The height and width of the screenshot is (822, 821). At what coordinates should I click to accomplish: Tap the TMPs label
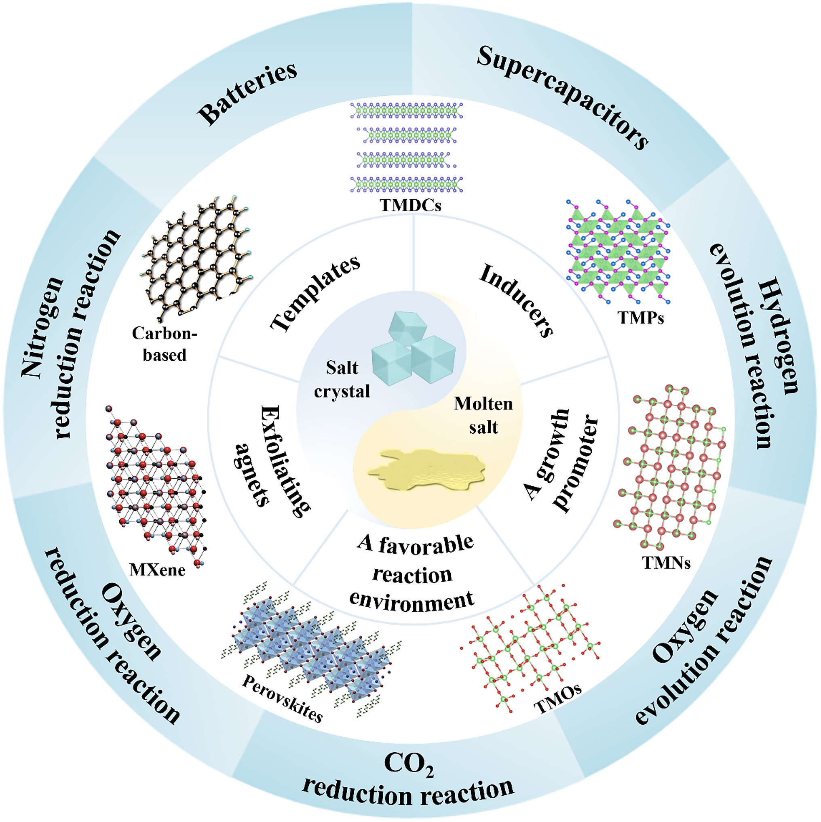[640, 317]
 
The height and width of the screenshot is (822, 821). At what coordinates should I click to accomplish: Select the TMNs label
[666, 563]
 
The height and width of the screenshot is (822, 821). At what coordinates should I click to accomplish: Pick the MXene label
[158, 570]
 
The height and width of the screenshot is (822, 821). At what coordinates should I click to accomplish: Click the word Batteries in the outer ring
[247, 94]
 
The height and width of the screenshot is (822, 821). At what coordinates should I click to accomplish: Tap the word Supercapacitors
[563, 97]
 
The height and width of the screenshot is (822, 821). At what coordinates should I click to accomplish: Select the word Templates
[315, 293]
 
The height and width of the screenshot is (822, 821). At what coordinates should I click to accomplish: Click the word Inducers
[517, 301]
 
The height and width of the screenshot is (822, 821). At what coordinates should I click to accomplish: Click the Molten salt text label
[483, 415]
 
